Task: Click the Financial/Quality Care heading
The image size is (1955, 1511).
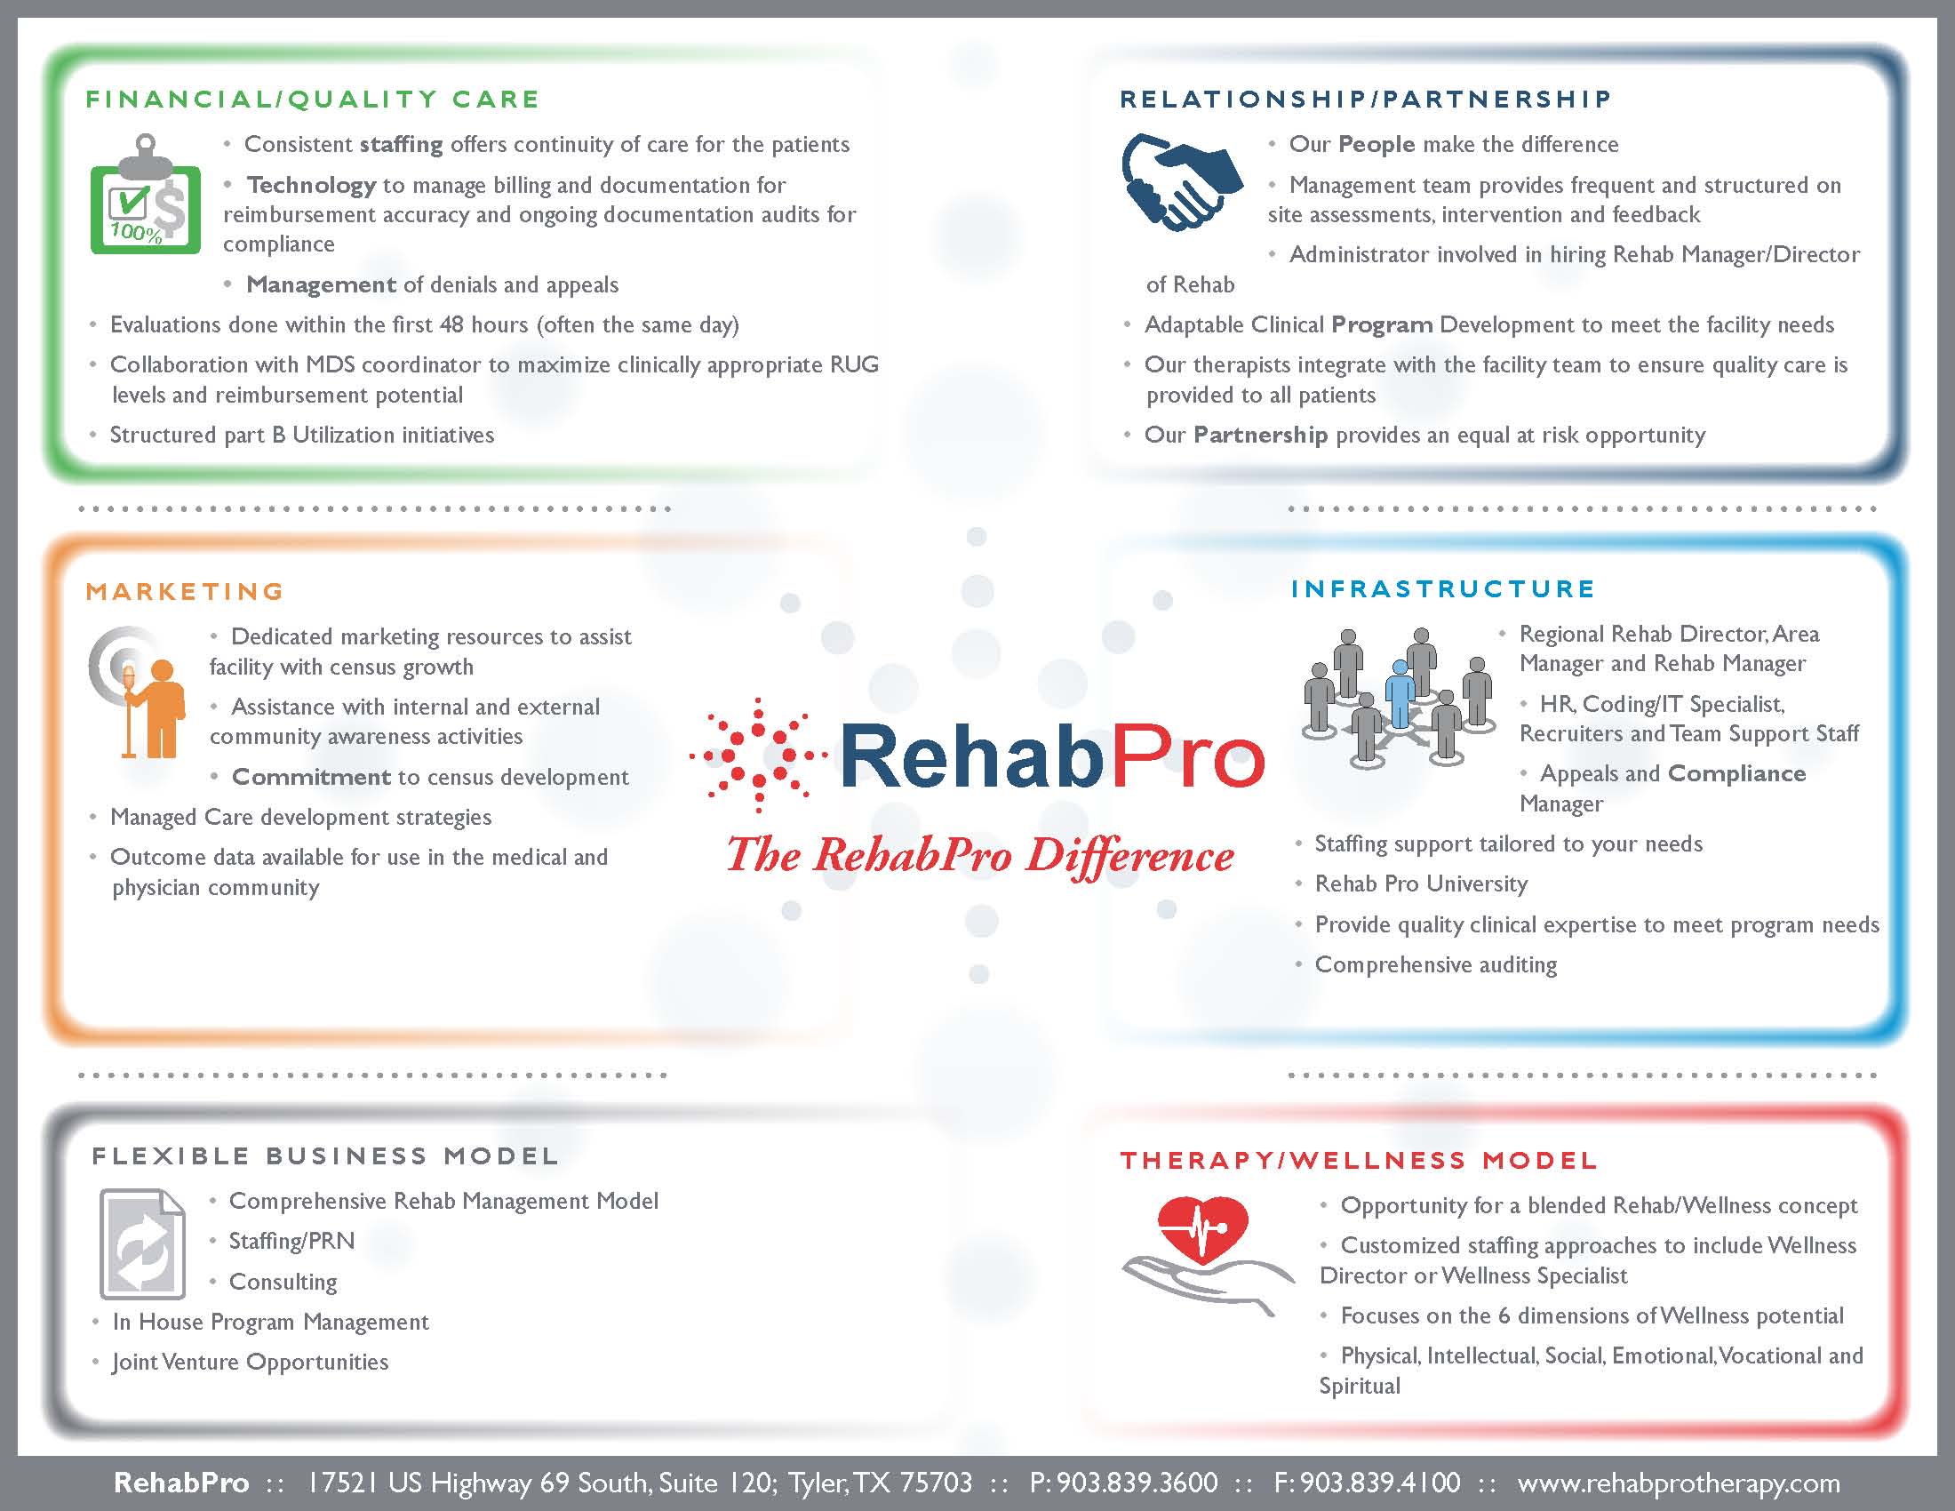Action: click(313, 99)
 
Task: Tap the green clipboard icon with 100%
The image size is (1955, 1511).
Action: click(145, 195)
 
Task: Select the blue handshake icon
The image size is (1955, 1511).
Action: click(1182, 181)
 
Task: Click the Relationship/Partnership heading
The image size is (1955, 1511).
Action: click(1365, 99)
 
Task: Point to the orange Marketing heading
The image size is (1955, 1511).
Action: click(186, 591)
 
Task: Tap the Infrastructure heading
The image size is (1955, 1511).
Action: click(1443, 588)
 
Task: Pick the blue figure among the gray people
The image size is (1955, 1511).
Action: click(1400, 695)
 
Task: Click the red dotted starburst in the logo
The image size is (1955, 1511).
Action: click(758, 755)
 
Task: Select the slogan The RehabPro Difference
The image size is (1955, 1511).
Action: click(980, 856)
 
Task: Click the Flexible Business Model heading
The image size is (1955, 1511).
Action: click(325, 1155)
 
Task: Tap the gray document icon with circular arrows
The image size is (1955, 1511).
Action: click(143, 1244)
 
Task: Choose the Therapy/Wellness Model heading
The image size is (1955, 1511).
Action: click(1359, 1160)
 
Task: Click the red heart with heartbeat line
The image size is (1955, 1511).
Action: click(1202, 1231)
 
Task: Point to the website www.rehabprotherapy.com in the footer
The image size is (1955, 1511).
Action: click(1679, 1483)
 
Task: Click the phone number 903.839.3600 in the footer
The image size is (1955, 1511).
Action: click(1137, 1483)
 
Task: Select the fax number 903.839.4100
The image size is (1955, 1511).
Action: click(1380, 1483)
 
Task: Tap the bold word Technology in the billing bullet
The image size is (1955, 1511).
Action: click(312, 185)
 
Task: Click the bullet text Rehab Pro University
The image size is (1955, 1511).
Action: click(1422, 883)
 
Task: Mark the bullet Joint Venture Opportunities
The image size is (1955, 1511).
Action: click(251, 1362)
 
